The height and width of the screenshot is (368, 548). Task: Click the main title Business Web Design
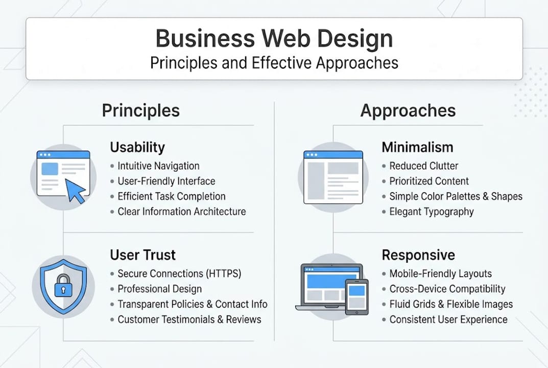(x=274, y=39)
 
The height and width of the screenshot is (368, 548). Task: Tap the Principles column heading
(x=141, y=110)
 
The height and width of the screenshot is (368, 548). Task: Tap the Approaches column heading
(x=408, y=110)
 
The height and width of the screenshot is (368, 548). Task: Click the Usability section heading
(x=137, y=147)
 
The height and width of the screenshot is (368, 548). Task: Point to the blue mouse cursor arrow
(x=76, y=191)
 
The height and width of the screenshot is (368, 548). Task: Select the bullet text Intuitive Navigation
(x=158, y=166)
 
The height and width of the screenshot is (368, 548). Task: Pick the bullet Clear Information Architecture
(x=181, y=212)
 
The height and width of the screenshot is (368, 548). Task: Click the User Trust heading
(x=143, y=255)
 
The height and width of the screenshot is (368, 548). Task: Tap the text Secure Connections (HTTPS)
(x=179, y=274)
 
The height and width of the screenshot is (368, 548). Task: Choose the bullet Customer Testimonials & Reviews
(x=189, y=319)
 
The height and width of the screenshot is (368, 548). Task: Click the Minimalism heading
(x=417, y=147)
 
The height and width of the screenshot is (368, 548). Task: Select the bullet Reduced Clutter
(x=423, y=166)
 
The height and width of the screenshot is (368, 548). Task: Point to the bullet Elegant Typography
(x=432, y=212)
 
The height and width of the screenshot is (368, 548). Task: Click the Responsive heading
(x=418, y=255)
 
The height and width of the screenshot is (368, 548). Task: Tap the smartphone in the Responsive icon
(x=356, y=296)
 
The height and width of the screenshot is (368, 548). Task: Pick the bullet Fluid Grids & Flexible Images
(x=451, y=304)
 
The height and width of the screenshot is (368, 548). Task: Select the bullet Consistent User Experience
(x=448, y=319)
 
